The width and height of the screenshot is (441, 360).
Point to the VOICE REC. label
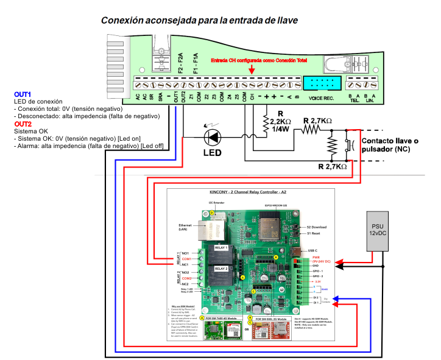[321, 98]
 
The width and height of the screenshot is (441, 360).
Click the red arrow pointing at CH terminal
[252, 70]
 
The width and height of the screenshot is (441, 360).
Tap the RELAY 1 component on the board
[219, 248]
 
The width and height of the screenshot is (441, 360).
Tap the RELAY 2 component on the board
[219, 267]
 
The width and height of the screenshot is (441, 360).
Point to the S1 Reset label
[314, 233]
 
